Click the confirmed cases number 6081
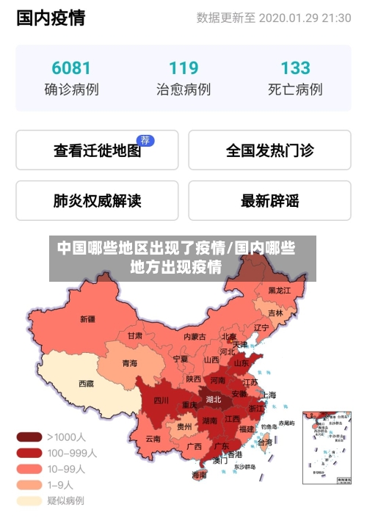(71, 68)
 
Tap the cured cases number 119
(183, 68)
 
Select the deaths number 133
(295, 68)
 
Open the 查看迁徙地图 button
(97, 150)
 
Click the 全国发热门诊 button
(269, 150)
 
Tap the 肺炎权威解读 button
(97, 200)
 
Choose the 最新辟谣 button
(269, 200)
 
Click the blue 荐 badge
(146, 140)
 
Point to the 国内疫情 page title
(51, 18)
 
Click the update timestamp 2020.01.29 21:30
(305, 18)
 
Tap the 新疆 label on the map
(87, 319)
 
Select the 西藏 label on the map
(86, 383)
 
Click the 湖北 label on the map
(214, 400)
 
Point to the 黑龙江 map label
(280, 291)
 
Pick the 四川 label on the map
(161, 401)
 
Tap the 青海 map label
(129, 362)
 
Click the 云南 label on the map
(153, 439)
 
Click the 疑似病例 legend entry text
(65, 501)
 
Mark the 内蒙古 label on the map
(195, 337)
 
